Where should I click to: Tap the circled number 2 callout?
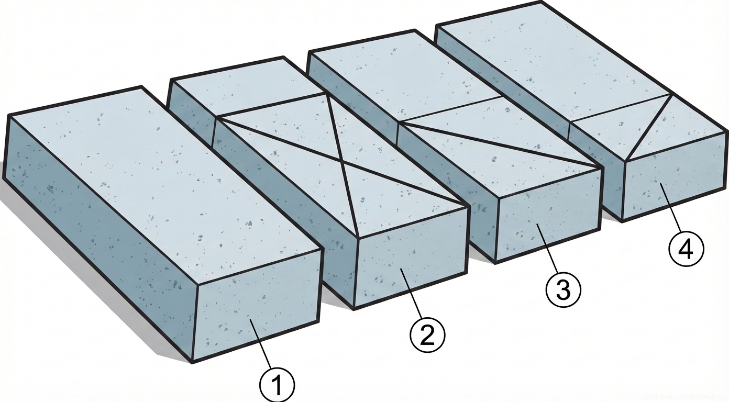tap(427, 335)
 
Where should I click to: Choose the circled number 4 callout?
tap(686, 250)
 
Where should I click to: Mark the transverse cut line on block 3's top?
tap(450, 110)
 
